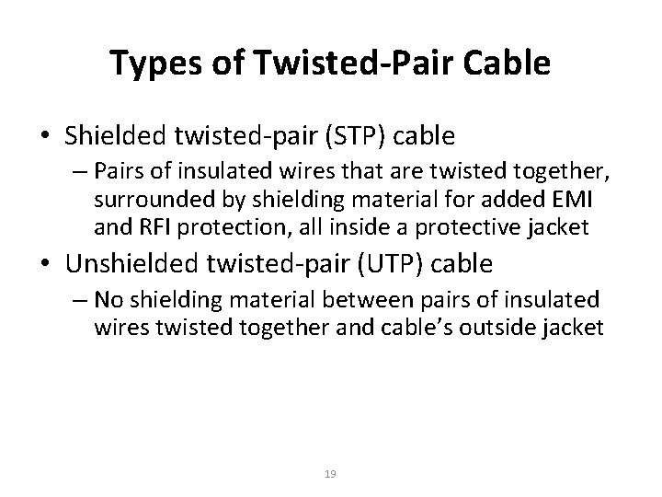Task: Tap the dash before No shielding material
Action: coord(79,300)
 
